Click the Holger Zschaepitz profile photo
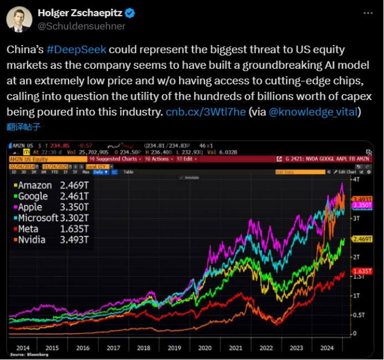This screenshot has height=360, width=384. (x=19, y=19)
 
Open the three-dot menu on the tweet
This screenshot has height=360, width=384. (x=368, y=13)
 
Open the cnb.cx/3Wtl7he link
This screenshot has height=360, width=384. (x=206, y=112)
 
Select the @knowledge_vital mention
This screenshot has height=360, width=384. (x=314, y=112)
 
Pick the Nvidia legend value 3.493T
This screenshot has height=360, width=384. (x=74, y=240)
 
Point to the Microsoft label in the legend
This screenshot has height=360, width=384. (x=38, y=218)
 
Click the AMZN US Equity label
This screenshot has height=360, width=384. (x=29, y=159)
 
